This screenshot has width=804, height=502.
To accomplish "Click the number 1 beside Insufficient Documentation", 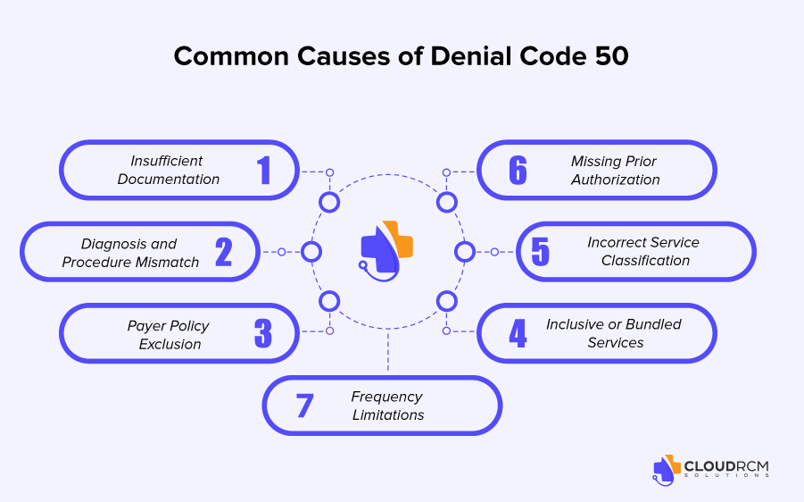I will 264,170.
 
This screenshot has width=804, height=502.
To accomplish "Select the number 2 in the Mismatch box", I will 223,252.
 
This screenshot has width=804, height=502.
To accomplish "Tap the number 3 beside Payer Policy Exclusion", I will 262,334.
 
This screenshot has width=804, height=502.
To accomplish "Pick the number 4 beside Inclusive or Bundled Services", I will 518,334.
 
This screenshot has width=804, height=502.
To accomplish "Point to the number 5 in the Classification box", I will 541,252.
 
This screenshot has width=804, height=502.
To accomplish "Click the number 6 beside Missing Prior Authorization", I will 518,170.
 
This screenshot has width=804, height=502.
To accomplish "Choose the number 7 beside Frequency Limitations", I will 304,406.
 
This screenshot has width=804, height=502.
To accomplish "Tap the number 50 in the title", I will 609,55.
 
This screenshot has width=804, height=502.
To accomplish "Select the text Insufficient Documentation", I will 169,170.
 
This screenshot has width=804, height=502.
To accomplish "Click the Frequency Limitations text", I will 387,406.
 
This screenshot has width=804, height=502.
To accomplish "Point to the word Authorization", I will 616,180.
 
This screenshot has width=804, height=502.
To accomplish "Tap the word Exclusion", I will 170,344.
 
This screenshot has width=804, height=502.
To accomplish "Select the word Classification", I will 645,261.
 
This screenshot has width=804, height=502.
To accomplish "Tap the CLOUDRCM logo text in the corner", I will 725,465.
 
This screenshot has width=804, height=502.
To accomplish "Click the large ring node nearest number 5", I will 464,252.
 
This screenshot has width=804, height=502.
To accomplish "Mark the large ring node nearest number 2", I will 311,252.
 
